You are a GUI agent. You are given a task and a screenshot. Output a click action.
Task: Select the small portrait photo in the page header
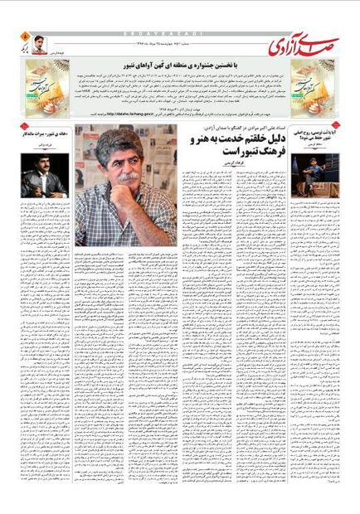[x=39, y=46]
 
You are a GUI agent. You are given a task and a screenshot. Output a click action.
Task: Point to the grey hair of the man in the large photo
[x=124, y=141]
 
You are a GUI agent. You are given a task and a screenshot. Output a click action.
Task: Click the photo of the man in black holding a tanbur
[x=43, y=175]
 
